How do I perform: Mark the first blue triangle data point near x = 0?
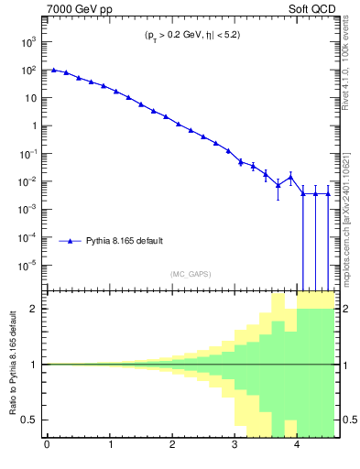click(54, 70)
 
